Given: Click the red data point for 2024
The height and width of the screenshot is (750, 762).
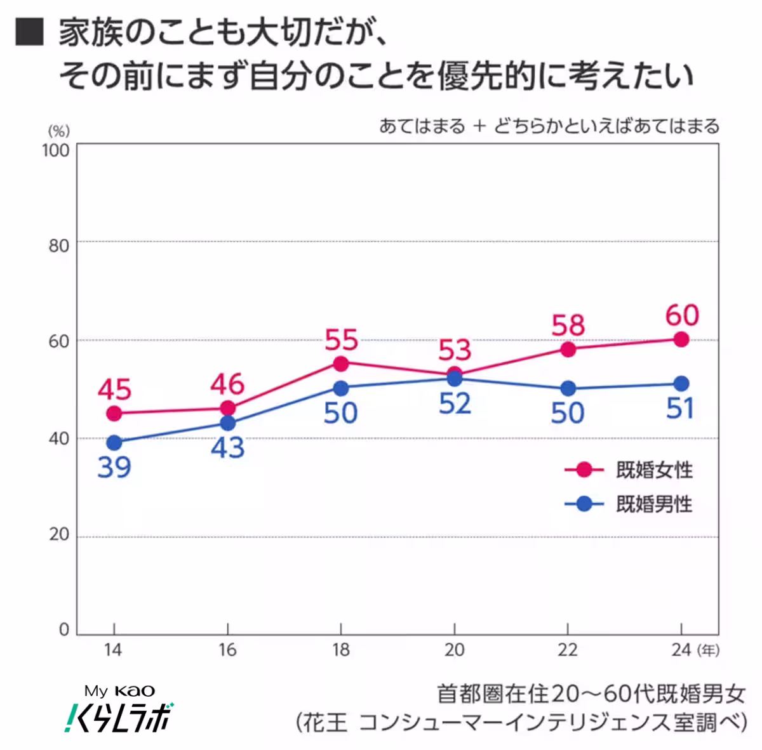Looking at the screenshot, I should tap(681, 339).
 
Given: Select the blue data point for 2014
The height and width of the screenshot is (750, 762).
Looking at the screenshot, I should tap(114, 442).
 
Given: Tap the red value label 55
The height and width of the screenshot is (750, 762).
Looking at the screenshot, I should tap(341, 340).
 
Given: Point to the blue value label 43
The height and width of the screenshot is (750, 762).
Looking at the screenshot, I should tap(227, 447).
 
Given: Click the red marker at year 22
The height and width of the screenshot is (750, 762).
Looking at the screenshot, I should tap(568, 350).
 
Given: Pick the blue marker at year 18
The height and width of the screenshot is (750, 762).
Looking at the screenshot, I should tap(341, 388).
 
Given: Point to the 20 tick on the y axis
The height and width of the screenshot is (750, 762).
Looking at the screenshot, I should tap(58, 535).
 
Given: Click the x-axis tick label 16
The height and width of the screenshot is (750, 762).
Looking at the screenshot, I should tap(227, 650).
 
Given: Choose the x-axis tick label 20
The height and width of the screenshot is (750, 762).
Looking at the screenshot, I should tap(454, 650).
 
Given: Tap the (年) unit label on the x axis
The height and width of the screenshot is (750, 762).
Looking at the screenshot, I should tap(707, 650).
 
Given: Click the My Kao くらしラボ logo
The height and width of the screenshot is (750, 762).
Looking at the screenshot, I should tap(119, 709).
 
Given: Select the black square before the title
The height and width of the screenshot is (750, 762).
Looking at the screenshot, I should tap(29, 32).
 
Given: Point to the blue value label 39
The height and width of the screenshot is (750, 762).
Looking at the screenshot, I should tap(114, 468).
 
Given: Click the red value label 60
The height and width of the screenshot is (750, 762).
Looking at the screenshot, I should tap(682, 315).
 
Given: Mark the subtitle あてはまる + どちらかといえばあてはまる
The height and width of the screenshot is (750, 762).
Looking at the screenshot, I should tap(549, 126).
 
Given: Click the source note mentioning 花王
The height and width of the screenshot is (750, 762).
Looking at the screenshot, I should tap(521, 723).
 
